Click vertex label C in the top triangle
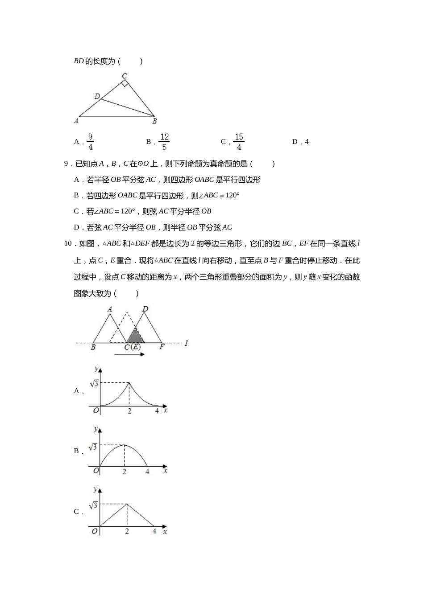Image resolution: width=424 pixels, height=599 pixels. pos(125,75)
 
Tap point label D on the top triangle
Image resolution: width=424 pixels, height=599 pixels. pos(97,96)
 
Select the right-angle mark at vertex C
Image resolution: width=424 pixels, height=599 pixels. pos(125,83)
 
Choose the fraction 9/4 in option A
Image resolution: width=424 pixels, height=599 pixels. pos(90,142)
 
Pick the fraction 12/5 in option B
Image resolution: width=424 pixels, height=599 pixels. pos(164,142)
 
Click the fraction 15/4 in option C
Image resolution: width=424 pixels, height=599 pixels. pos(239,142)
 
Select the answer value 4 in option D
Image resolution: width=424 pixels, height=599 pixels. pos(307,142)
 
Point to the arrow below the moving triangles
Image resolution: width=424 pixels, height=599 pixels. pos(129,354)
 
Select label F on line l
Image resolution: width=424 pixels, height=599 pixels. pos(162,347)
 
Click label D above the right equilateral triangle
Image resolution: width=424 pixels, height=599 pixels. pos(145,309)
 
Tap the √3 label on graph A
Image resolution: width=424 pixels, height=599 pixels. pos(94,383)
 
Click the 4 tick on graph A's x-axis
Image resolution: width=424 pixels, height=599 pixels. pos(157,411)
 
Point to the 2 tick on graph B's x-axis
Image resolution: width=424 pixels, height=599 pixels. pos(124,472)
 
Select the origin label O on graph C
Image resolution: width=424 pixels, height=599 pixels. pos(95,531)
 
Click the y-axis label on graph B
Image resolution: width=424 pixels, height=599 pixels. pos(96,429)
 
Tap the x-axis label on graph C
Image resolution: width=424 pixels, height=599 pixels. pos(165,531)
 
